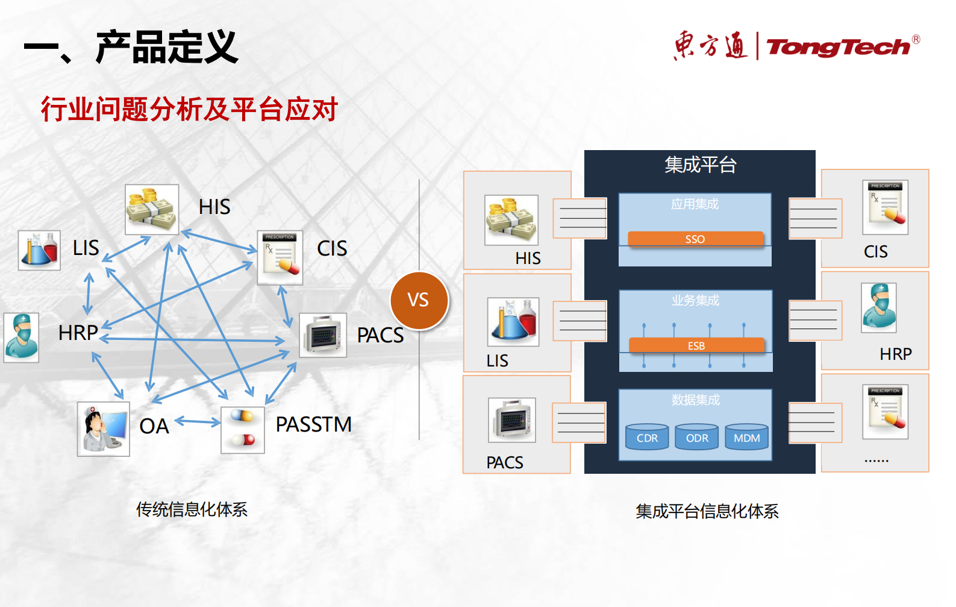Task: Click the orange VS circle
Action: [x=419, y=300]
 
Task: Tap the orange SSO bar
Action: [x=695, y=239]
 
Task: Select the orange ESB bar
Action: [x=696, y=345]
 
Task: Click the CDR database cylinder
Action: [x=647, y=438]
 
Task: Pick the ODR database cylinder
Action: [x=697, y=438]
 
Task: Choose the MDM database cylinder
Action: [x=746, y=438]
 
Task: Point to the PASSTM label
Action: [x=313, y=424]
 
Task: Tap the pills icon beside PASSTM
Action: [x=243, y=430]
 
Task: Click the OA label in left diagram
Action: [x=154, y=426]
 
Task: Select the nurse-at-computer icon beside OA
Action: [x=104, y=429]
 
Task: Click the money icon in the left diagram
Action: [x=152, y=209]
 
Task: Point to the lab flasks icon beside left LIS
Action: [x=39, y=250]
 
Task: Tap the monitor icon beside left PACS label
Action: [x=323, y=335]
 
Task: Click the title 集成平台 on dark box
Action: [x=700, y=165]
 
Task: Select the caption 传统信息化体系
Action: [x=192, y=509]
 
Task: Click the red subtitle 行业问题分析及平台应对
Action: [x=189, y=109]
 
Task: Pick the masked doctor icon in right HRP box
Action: [x=879, y=307]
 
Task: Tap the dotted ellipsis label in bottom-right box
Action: [x=876, y=460]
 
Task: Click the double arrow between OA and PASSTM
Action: [x=198, y=422]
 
